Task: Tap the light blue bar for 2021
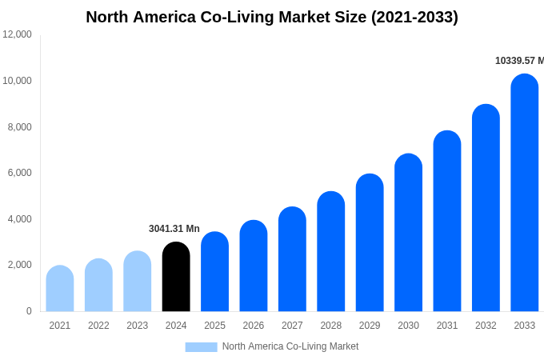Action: click(60, 289)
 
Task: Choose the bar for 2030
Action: click(408, 233)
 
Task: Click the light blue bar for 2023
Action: click(137, 282)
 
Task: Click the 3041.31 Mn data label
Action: click(174, 229)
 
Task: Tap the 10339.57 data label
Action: click(519, 61)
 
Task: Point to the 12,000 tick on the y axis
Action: click(17, 34)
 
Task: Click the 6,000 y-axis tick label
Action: click(17, 173)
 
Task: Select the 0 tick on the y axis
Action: click(29, 311)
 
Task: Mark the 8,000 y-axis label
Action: click(17, 127)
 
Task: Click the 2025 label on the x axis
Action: click(214, 326)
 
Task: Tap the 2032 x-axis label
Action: click(486, 326)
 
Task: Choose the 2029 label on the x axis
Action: click(370, 326)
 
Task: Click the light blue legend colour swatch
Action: click(201, 347)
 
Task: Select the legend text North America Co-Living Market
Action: click(290, 346)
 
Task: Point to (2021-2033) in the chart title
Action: click(414, 17)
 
